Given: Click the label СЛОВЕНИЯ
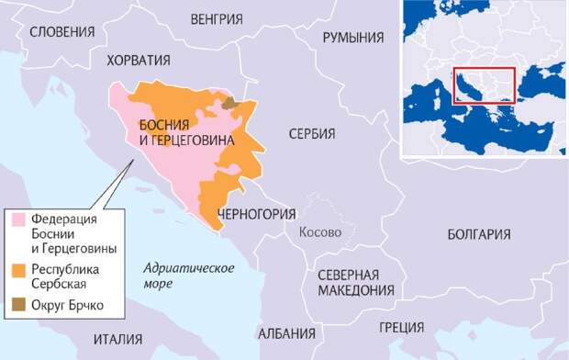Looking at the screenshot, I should pyautogui.click(x=61, y=31).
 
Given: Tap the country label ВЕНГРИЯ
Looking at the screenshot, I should pyautogui.click(x=217, y=18).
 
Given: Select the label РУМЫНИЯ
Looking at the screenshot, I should pyautogui.click(x=352, y=38).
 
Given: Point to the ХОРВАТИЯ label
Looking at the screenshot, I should pyautogui.click(x=139, y=61).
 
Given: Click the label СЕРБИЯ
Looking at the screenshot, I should pyautogui.click(x=311, y=134).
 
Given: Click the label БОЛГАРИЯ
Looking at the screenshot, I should pyautogui.click(x=478, y=234).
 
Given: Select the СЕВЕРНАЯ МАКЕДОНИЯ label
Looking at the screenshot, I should pyautogui.click(x=355, y=283).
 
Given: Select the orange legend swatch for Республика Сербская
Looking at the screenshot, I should pyautogui.click(x=19, y=271).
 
